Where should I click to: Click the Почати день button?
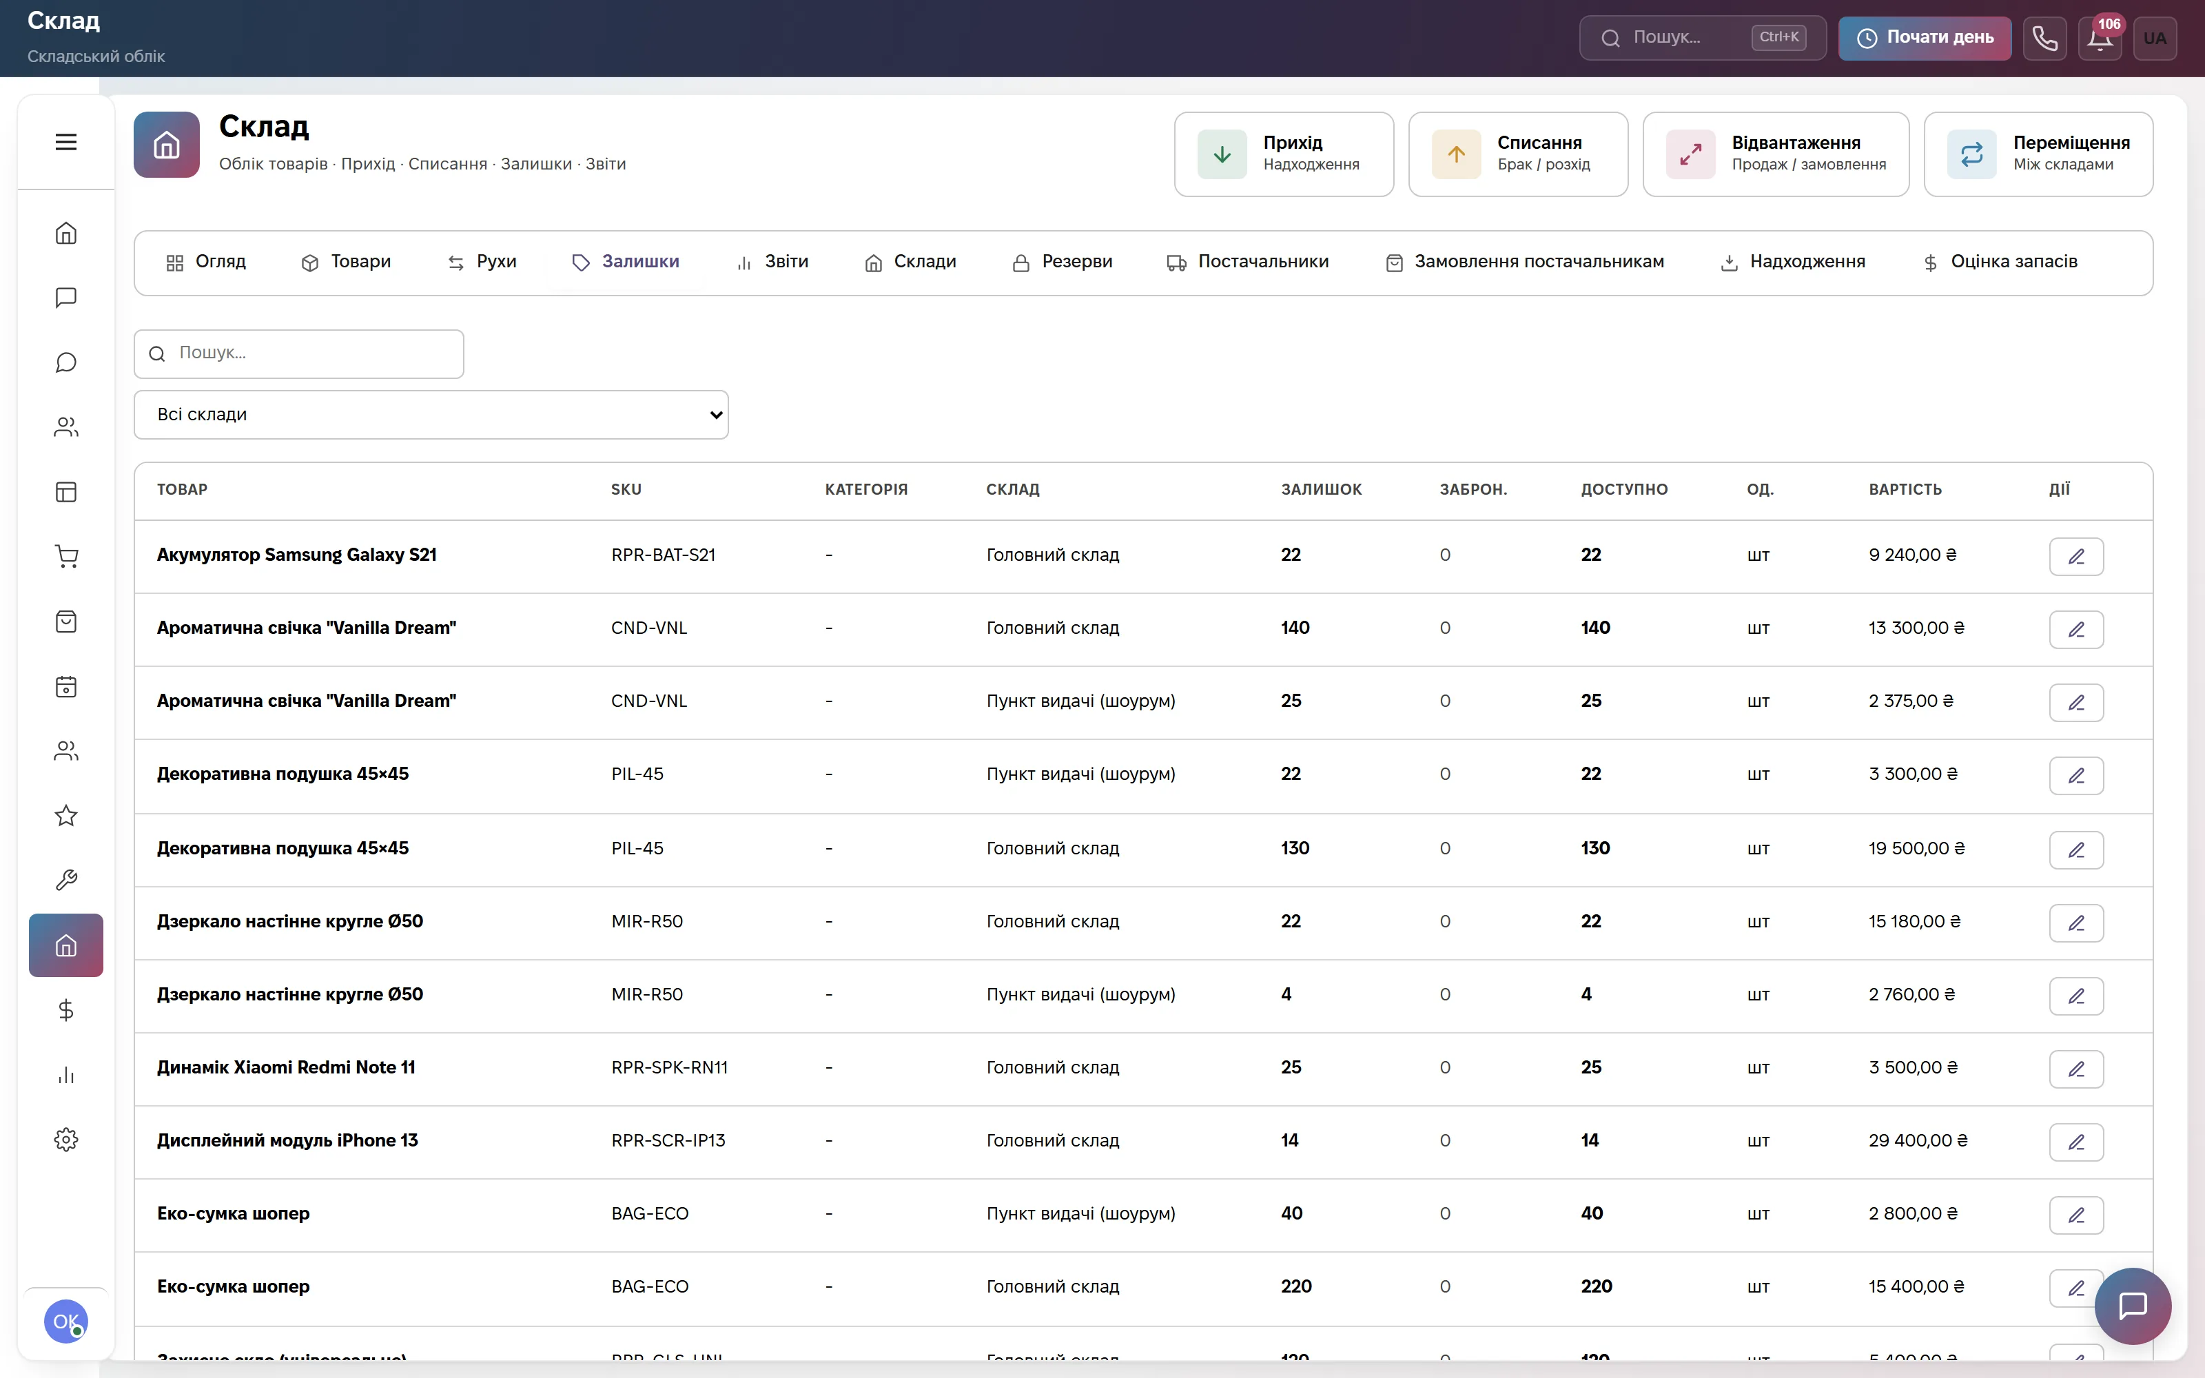[1925, 37]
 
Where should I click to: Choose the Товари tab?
[346, 263]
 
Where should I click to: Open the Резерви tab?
[1063, 263]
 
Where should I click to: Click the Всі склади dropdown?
[431, 415]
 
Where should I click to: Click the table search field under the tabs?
[299, 353]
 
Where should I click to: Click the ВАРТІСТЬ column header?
[1905, 489]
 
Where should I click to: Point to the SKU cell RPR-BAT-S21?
[664, 555]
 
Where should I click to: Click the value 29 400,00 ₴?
[1918, 1140]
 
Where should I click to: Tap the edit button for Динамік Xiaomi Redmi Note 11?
[2077, 1069]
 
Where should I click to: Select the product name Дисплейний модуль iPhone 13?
[287, 1140]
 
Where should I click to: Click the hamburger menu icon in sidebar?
[65, 142]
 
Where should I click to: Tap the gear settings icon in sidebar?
[65, 1139]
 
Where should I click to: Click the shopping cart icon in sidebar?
[65, 556]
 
